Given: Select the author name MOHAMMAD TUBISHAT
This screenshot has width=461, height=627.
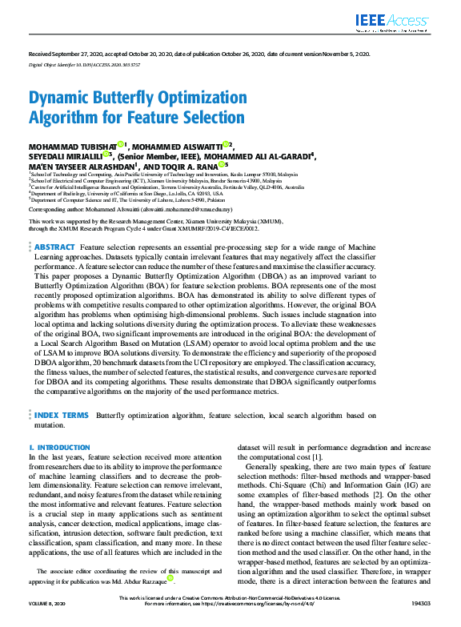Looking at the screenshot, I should [71, 147].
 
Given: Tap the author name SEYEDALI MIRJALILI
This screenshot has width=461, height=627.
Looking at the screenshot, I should [65, 156].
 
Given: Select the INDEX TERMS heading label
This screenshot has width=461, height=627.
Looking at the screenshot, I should [61, 416].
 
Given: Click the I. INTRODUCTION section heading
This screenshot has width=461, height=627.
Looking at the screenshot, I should [59, 447].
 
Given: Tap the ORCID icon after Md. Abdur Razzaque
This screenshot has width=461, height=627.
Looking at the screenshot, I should [170, 577].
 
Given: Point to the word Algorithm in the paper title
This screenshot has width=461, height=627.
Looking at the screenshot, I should [68, 117].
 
